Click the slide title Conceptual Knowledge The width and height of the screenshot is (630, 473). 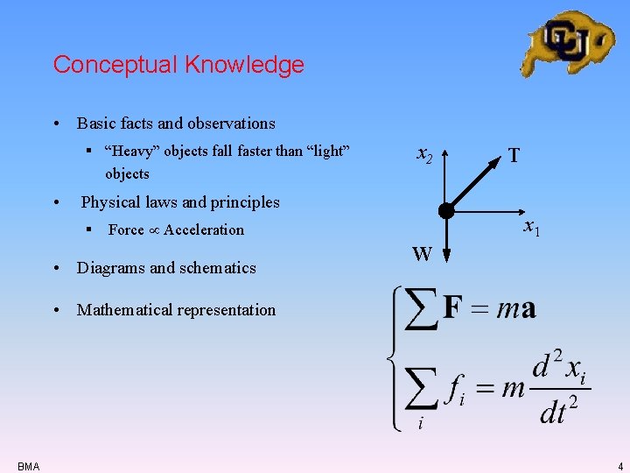tap(178, 65)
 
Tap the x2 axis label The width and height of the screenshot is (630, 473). tap(423, 156)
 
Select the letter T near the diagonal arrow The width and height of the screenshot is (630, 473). tap(514, 156)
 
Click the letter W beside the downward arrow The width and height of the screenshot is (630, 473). tap(422, 255)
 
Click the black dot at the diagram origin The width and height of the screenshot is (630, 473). tap(446, 211)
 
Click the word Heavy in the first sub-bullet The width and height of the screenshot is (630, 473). tap(128, 151)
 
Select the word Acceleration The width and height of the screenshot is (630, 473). tap(204, 229)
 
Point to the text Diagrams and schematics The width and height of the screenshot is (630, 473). tap(166, 268)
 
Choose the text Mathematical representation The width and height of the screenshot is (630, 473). tap(176, 310)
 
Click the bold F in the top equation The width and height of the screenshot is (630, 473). tap(453, 308)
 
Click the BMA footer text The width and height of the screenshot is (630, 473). tap(27, 467)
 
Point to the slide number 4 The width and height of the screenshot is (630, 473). tap(618, 467)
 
